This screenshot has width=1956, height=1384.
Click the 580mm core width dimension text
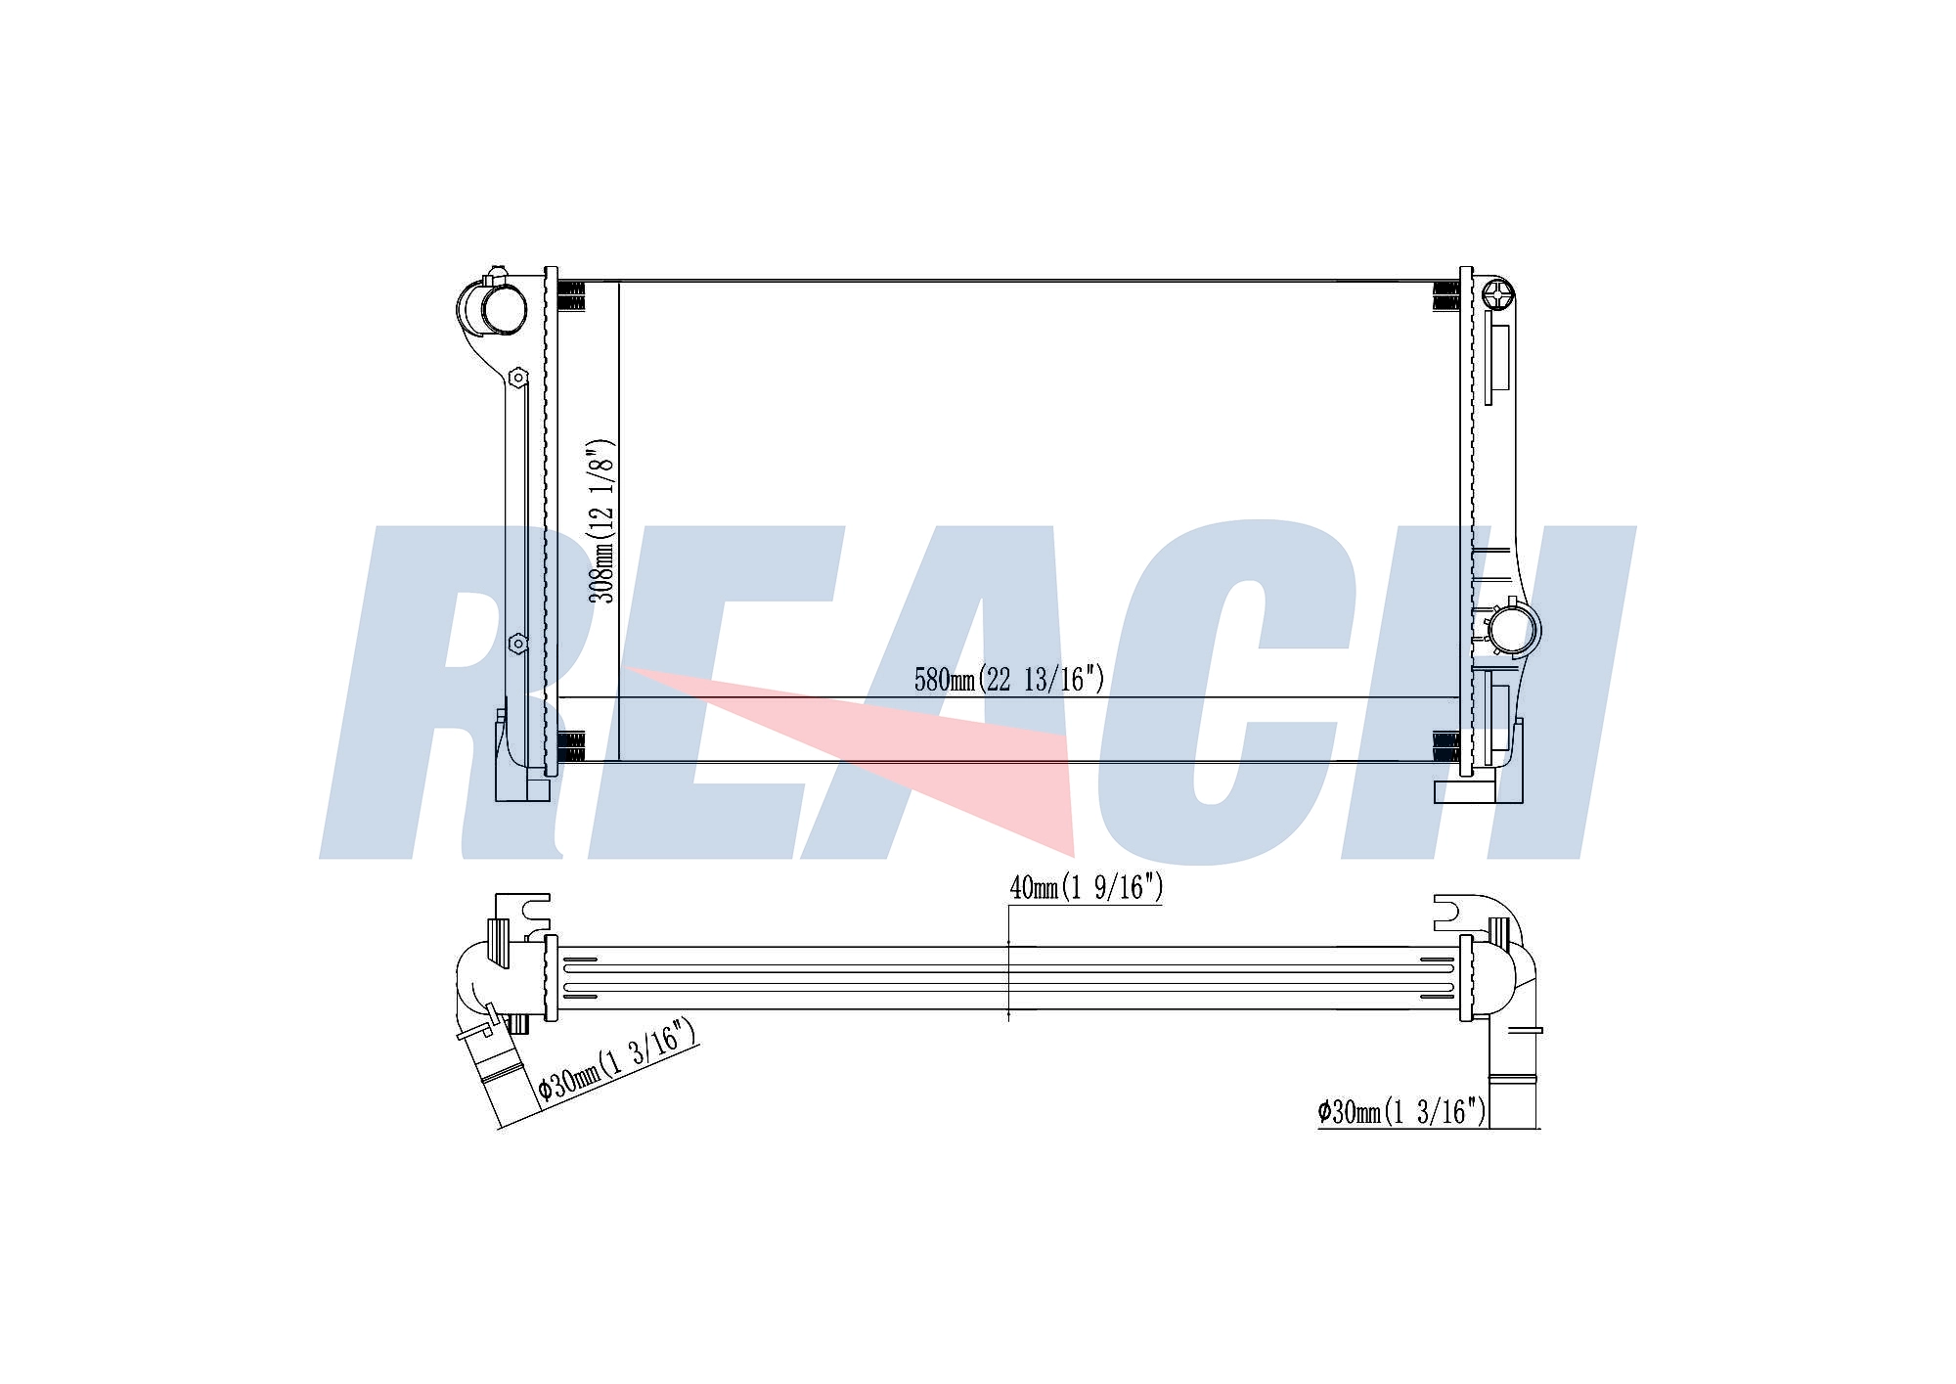tap(1009, 679)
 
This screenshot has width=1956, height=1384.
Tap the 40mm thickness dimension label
tap(1087, 887)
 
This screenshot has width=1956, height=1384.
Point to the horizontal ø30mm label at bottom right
tap(1401, 1111)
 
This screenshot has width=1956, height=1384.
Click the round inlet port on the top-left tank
tap(503, 307)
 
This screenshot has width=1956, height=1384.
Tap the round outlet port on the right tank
tap(1512, 629)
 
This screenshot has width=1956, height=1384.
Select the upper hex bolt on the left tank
tap(517, 377)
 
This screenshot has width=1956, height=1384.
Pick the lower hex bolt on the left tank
tap(518, 643)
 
